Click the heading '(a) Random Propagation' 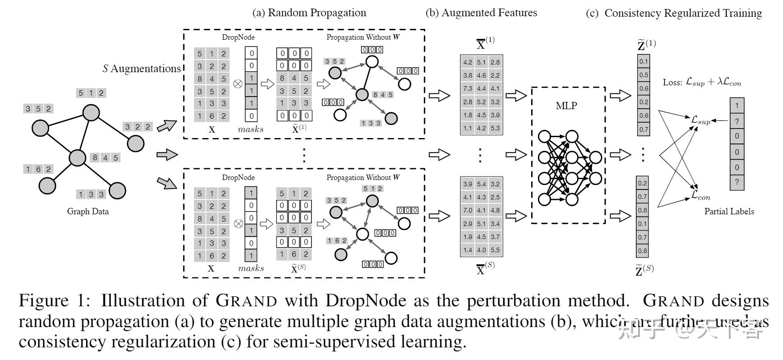coord(309,13)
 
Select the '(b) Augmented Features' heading coord(481,13)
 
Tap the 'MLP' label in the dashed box coord(566,106)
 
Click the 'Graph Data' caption coord(88,211)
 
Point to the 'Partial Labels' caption coord(729,211)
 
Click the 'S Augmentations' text coord(141,69)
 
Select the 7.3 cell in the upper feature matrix coord(468,88)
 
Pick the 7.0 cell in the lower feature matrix coord(468,210)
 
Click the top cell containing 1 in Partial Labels coord(737,106)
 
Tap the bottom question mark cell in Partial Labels coord(737,182)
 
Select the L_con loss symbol coord(700,195)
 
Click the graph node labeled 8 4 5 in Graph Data coord(77,158)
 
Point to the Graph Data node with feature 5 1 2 coord(91,113)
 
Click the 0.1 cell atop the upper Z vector coord(643,61)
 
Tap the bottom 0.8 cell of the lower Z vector coord(642,251)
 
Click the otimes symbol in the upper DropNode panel coord(238,84)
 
